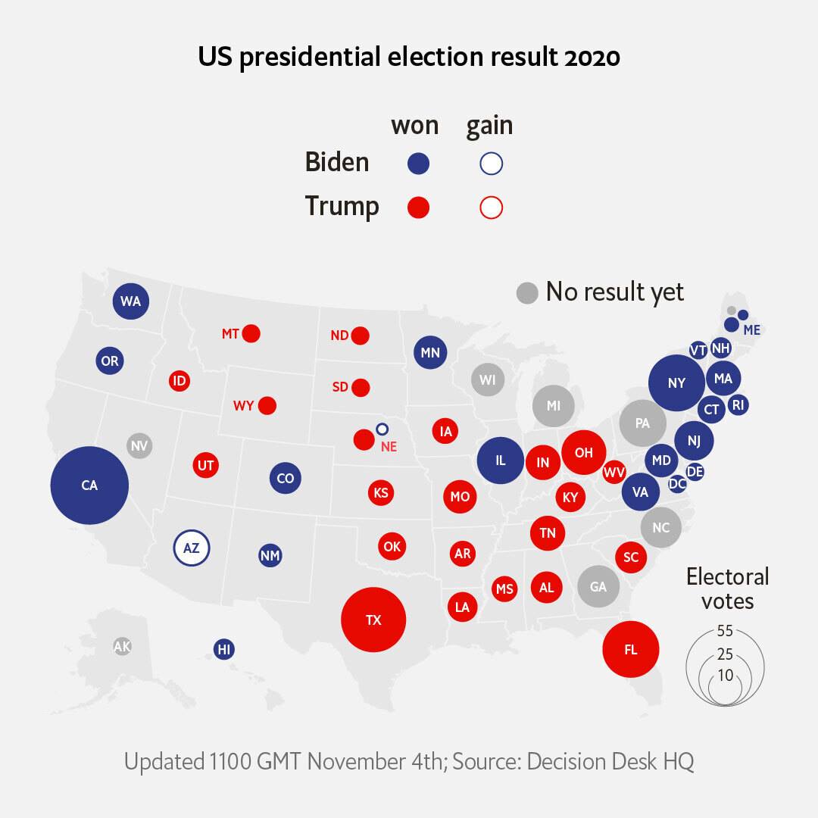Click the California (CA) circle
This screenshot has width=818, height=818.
click(x=89, y=485)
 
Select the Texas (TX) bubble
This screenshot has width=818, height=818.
click(x=373, y=620)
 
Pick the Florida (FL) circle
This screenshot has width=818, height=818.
click(x=631, y=649)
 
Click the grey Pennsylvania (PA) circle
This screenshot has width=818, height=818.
click(x=643, y=423)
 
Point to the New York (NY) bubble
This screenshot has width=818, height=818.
click(x=676, y=383)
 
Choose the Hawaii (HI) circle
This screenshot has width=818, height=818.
click(x=223, y=650)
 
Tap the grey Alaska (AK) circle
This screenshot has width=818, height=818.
click(x=122, y=647)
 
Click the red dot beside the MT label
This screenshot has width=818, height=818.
click(x=251, y=333)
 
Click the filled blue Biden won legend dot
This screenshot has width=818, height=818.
click(x=418, y=164)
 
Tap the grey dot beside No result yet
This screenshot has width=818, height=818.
click(x=527, y=292)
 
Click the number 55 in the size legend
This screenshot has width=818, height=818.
click(x=725, y=631)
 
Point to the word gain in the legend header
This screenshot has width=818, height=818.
click(x=489, y=126)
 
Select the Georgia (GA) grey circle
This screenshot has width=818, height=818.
click(x=599, y=586)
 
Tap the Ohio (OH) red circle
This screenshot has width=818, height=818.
click(x=584, y=452)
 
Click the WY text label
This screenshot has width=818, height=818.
click(x=244, y=406)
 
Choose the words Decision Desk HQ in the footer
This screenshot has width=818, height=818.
click(x=610, y=761)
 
